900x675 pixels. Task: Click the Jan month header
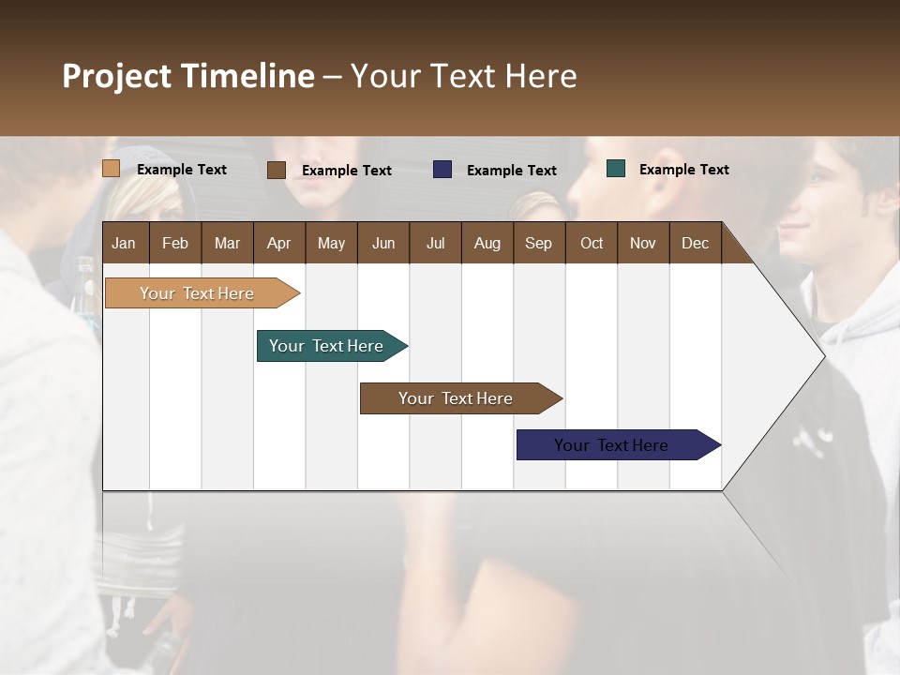pyautogui.click(x=125, y=243)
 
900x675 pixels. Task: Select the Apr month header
pyautogui.click(x=279, y=243)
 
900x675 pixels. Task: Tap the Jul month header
pyautogui.click(x=435, y=243)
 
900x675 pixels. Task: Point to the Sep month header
pyautogui.click(x=538, y=243)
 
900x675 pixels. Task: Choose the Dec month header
pyautogui.click(x=695, y=243)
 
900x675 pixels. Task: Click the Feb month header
pyautogui.click(x=175, y=243)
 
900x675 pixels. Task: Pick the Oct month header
pyautogui.click(x=592, y=243)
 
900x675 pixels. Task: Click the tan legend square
pyautogui.click(x=111, y=169)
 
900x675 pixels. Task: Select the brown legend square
pyautogui.click(x=277, y=170)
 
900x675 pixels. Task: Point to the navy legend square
pyautogui.click(x=442, y=170)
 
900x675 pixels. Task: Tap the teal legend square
pyautogui.click(x=616, y=169)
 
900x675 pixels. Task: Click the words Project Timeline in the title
pyautogui.click(x=187, y=76)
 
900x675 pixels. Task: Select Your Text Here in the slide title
pyautogui.click(x=463, y=76)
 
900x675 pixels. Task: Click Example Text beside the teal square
pyautogui.click(x=683, y=170)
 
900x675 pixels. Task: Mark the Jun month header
pyautogui.click(x=383, y=243)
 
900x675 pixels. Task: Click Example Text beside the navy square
pyautogui.click(x=511, y=171)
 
